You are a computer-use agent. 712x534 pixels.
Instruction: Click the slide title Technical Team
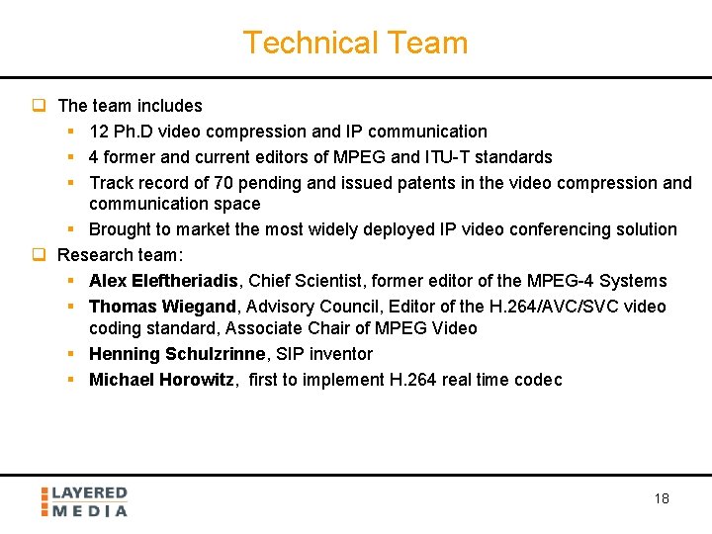tap(355, 44)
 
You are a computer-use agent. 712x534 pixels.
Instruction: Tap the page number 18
tap(662, 498)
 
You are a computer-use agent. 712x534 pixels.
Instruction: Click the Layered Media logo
tap(84, 501)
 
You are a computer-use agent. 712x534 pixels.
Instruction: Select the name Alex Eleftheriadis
tap(163, 281)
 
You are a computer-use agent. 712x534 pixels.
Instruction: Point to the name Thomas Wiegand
tap(162, 307)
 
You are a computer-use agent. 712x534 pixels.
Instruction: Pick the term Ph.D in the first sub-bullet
tap(134, 132)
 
